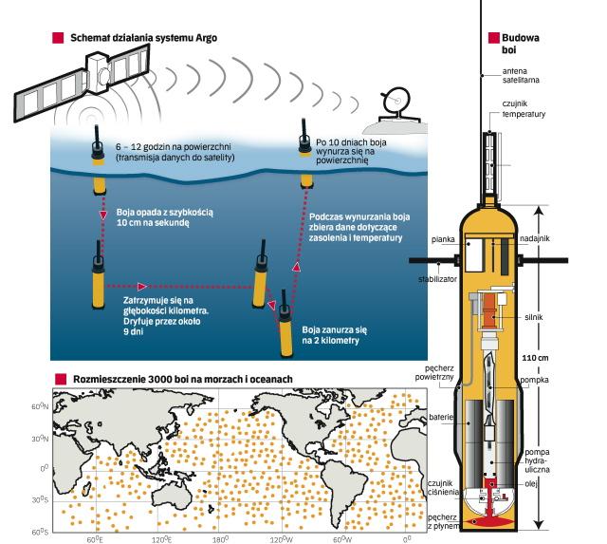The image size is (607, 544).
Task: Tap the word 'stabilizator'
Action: [427, 281]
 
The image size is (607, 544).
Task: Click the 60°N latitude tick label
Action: [41, 406]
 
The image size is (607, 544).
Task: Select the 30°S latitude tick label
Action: [41, 499]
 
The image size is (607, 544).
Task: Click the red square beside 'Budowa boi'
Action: [493, 38]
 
